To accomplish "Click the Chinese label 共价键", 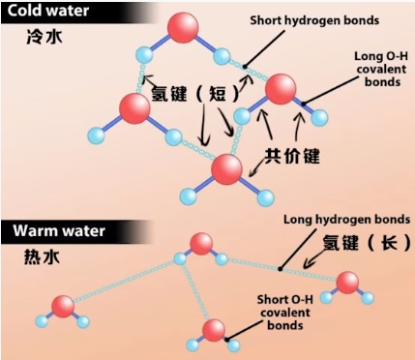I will coord(290,155).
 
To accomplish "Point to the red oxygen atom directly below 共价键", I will coord(227,170).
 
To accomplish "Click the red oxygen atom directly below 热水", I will coord(62,307).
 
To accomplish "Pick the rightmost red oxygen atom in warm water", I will coord(349,284).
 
